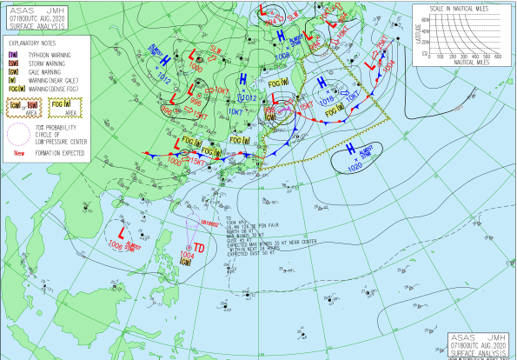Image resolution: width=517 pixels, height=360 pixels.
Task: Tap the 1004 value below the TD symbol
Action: tap(183, 255)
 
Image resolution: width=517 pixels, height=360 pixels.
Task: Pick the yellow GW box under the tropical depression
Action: tap(184, 263)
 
